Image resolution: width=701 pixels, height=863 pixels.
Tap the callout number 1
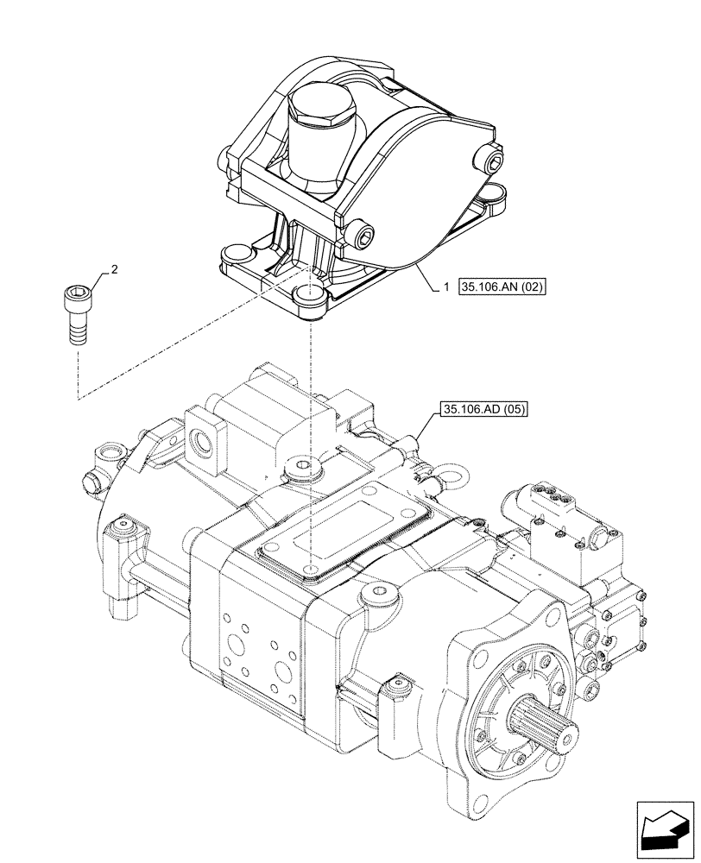pyautogui.click(x=445, y=288)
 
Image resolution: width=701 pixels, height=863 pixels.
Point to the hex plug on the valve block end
pyautogui.click(x=599, y=540)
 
